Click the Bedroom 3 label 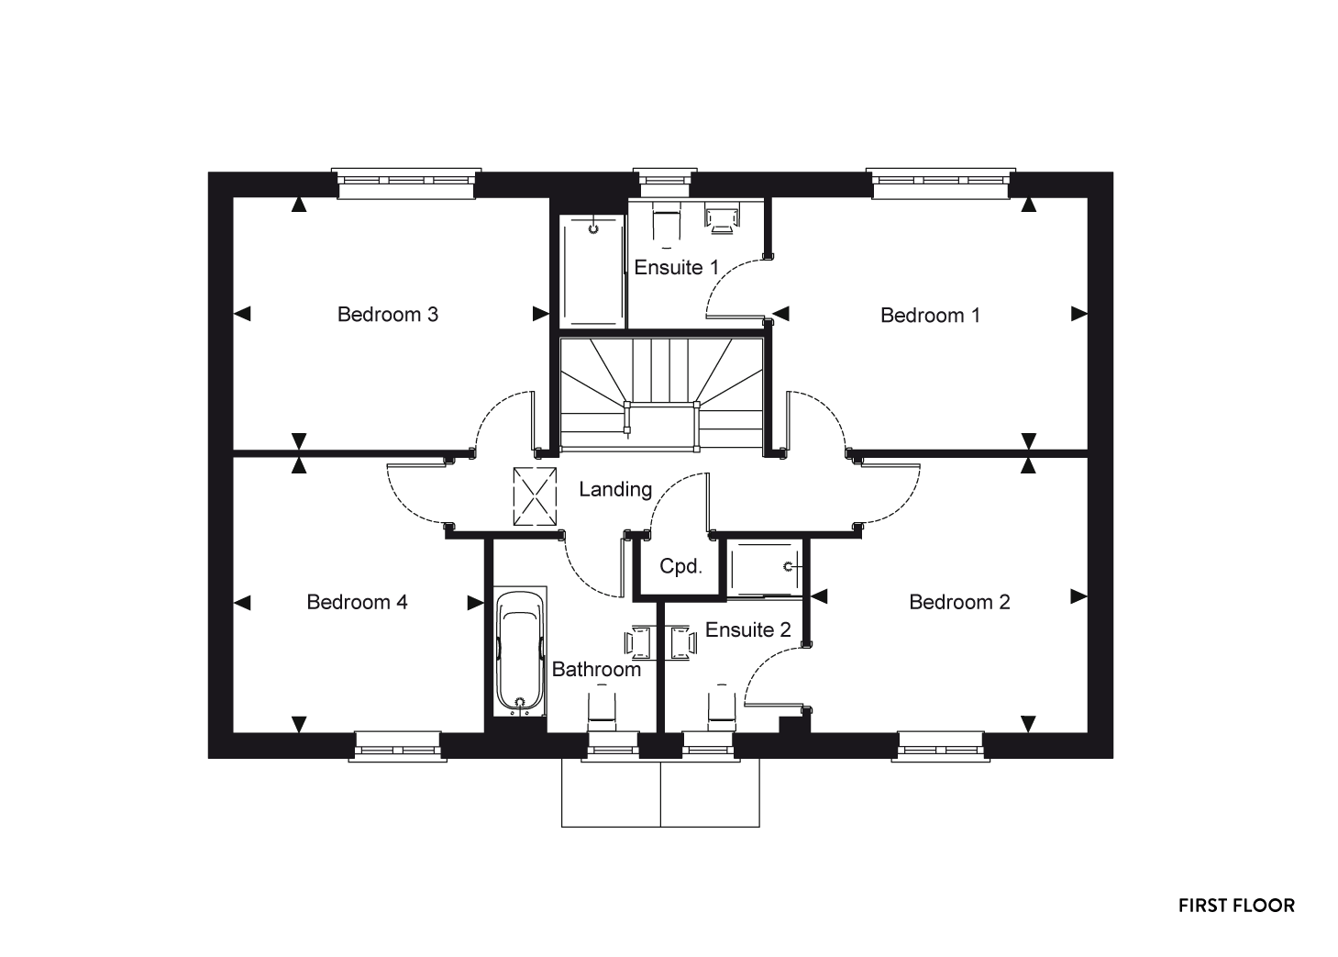pos(388,315)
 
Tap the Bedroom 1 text pos(930,316)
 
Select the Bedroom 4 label pos(357,602)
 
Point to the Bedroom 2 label pos(959,602)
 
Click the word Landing pos(615,490)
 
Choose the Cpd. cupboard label pos(680,565)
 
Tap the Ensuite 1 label pos(676,267)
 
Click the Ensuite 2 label pos(747,629)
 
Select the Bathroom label pos(596,669)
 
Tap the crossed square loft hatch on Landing pos(535,496)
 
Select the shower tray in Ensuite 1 pos(592,272)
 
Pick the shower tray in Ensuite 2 pos(765,569)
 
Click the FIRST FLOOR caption pos(1236,907)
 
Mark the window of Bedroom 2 pos(941,747)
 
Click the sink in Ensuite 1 pos(722,218)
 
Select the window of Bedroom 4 pos(398,747)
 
